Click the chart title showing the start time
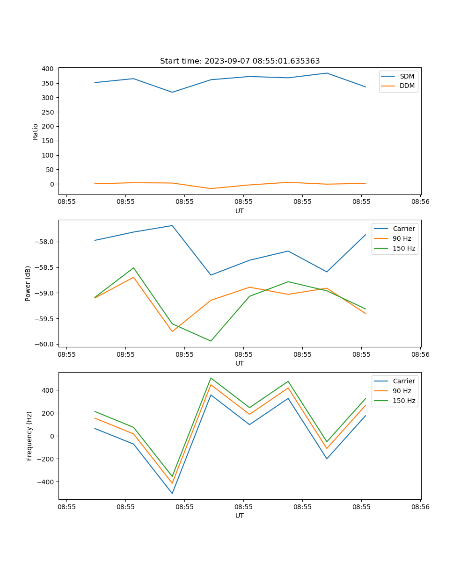[240, 61]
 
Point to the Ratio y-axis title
[36, 131]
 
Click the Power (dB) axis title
[28, 283]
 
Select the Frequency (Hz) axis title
[29, 436]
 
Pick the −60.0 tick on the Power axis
[44, 344]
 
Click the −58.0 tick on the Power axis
[44, 242]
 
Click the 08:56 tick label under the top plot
[420, 202]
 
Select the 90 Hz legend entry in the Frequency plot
[402, 391]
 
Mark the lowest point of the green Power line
[211, 341]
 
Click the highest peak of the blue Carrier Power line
[172, 225]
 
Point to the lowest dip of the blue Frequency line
[172, 493]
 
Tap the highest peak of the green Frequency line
[211, 378]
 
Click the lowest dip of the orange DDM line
[211, 188]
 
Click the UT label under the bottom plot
[240, 516]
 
